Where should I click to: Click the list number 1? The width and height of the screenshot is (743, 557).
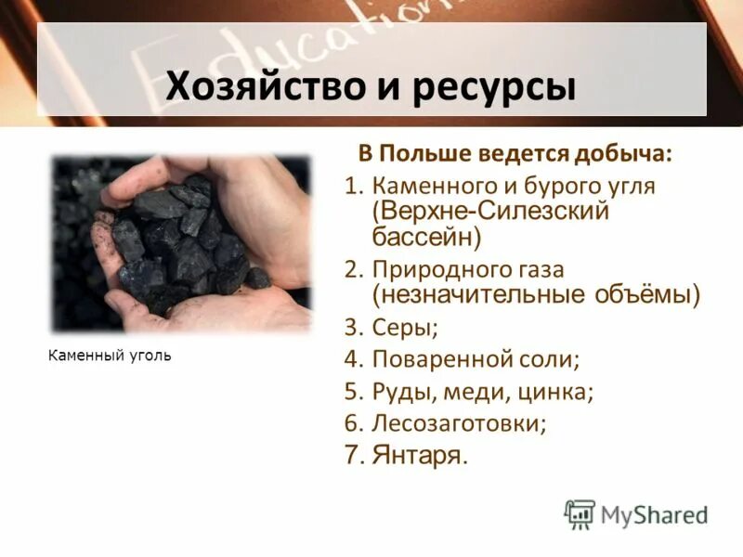pyautogui.click(x=350, y=187)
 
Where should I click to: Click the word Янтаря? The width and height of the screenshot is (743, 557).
pyautogui.click(x=419, y=455)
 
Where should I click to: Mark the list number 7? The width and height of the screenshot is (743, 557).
pyautogui.click(x=351, y=455)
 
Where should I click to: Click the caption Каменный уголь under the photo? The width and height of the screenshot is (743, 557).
pyautogui.click(x=109, y=356)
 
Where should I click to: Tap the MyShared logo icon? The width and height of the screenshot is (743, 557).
pyautogui.click(x=580, y=513)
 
